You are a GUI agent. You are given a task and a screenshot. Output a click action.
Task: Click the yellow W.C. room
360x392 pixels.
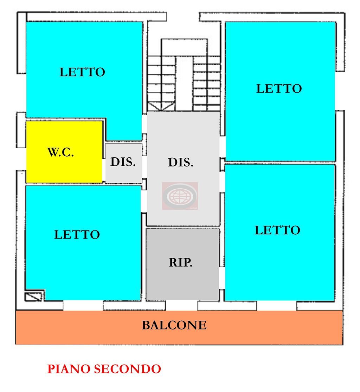64,152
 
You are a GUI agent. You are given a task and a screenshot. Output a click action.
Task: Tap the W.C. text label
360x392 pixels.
60,152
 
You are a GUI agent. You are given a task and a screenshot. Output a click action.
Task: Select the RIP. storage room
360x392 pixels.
182,264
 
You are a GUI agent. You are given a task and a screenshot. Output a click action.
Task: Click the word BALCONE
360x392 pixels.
174,325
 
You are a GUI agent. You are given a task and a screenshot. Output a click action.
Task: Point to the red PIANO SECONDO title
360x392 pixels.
104,369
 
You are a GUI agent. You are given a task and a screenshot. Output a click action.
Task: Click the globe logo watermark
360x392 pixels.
180,196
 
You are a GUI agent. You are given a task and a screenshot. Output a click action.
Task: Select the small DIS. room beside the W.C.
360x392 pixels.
123,163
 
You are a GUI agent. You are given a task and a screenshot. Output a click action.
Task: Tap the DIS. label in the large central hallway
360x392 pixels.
180,162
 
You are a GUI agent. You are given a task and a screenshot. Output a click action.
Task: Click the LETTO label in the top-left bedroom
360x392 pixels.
82,72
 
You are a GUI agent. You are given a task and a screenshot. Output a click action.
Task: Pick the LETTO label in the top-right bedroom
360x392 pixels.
279,89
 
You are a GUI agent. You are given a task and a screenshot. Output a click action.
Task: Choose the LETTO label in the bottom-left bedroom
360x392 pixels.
77,235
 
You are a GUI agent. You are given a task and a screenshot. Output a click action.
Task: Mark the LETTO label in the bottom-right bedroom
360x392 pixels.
277,230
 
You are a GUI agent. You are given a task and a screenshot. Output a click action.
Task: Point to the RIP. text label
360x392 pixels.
180,262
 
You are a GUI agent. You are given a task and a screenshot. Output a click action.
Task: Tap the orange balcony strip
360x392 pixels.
179,327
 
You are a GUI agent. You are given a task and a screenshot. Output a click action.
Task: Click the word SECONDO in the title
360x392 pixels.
127,369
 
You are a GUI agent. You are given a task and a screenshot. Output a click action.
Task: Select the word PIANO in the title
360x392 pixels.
69,369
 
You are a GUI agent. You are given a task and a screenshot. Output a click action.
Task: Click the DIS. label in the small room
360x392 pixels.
123,162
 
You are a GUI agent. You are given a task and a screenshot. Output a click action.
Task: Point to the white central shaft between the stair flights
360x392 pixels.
184,84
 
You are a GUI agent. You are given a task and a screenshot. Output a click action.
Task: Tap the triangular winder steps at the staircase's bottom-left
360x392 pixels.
160,106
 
